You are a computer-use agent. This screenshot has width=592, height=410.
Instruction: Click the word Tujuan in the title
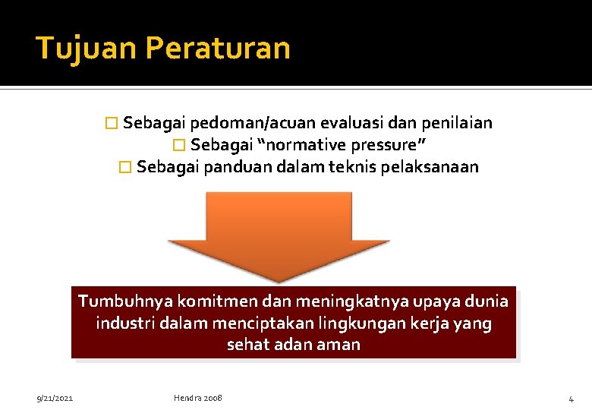[86, 48]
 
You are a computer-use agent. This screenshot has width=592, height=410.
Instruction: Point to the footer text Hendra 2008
[198, 398]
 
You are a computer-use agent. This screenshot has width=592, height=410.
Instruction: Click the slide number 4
[571, 398]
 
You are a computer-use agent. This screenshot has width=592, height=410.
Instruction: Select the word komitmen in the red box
[199, 301]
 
